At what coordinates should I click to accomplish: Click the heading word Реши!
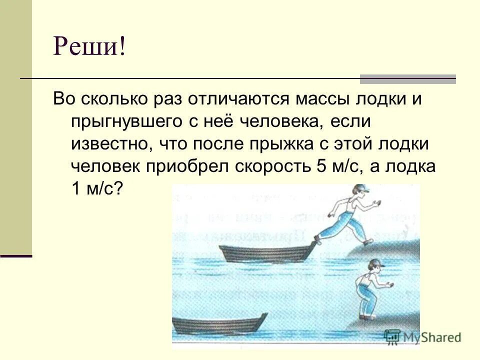[x=90, y=48]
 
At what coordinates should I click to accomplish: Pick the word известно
[x=112, y=144]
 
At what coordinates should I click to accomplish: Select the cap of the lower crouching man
[x=375, y=263]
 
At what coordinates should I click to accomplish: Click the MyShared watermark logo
[x=423, y=337]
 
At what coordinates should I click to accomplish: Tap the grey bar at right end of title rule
[x=408, y=79]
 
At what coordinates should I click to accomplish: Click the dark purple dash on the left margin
[x=16, y=255]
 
